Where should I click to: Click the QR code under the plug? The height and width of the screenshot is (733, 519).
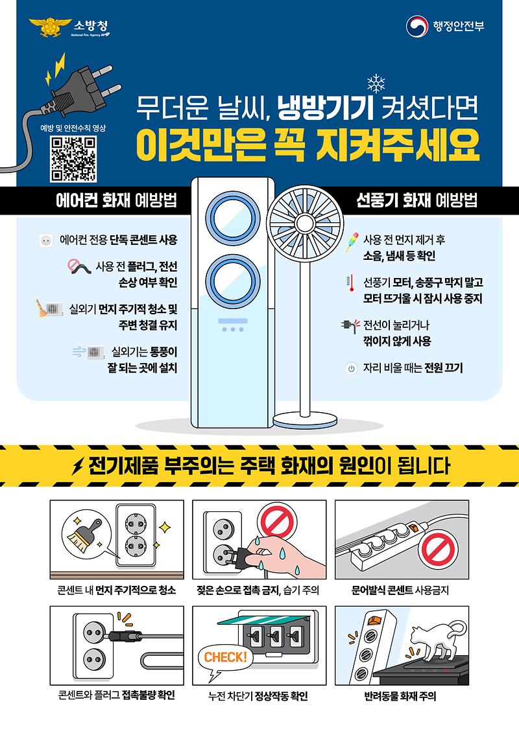point(73,159)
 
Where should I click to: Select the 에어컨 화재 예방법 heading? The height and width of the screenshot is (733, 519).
point(117,200)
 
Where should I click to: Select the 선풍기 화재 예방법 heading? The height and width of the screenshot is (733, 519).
point(416,200)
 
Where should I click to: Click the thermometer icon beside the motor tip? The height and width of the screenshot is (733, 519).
point(350,282)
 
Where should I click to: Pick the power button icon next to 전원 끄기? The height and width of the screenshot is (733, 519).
point(351,368)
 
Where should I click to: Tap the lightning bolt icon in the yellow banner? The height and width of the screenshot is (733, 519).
point(79,467)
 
